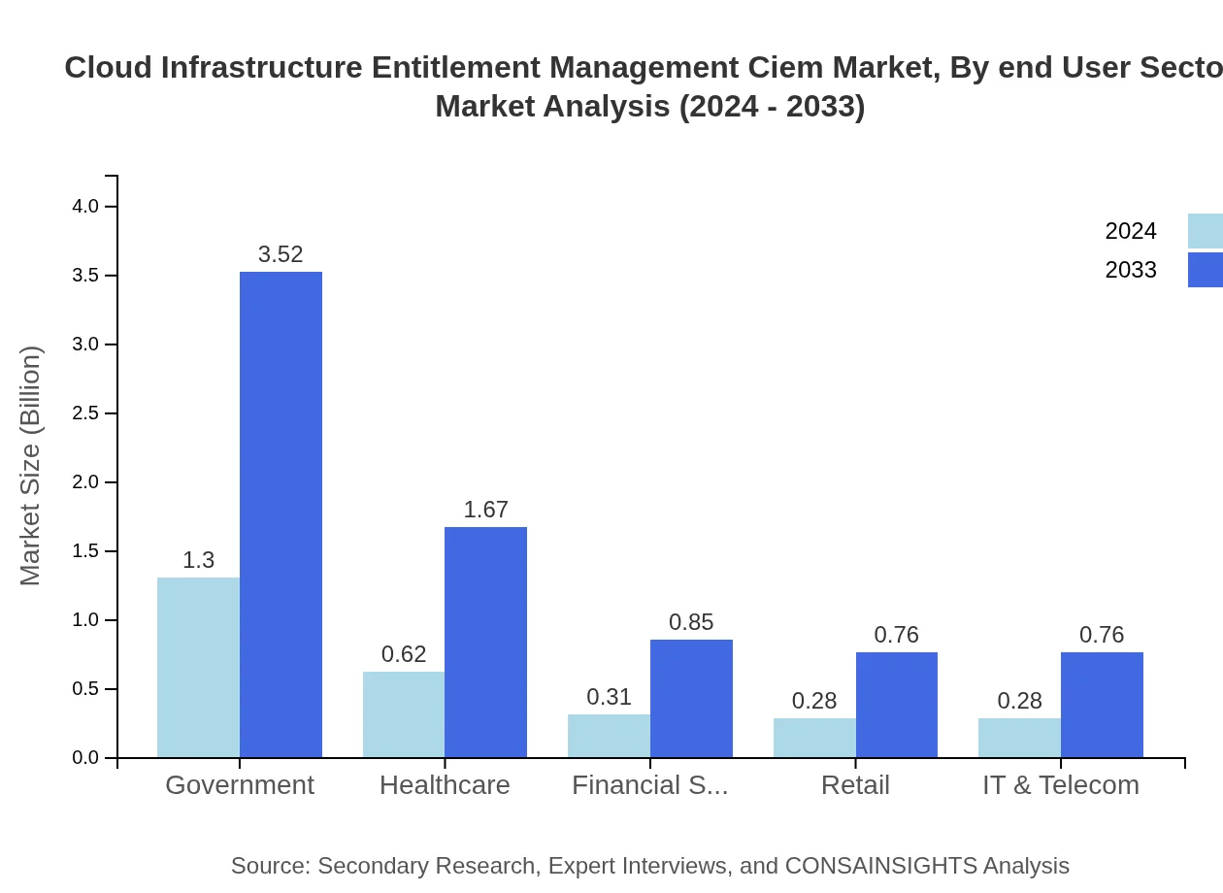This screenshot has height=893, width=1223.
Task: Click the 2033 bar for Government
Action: (281, 514)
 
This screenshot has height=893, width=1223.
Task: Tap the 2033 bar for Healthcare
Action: (485, 643)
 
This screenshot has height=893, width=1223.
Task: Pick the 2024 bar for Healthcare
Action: (404, 714)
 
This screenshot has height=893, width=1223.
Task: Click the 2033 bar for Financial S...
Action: (691, 699)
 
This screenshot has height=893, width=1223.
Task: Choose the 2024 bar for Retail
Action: (814, 738)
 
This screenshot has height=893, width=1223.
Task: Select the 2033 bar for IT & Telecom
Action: (1102, 705)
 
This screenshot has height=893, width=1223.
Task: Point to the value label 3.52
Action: (281, 254)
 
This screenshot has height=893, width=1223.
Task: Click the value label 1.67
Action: (485, 510)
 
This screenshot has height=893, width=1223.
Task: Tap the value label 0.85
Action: (691, 622)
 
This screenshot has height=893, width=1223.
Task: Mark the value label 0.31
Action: (609, 697)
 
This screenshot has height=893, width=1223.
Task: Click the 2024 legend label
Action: (1131, 231)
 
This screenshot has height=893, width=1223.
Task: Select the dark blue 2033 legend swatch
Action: (1205, 270)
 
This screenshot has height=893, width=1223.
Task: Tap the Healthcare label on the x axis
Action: (445, 784)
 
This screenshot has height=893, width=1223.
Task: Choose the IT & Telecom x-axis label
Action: (1060, 784)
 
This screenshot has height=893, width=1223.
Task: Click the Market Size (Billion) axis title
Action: (31, 466)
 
